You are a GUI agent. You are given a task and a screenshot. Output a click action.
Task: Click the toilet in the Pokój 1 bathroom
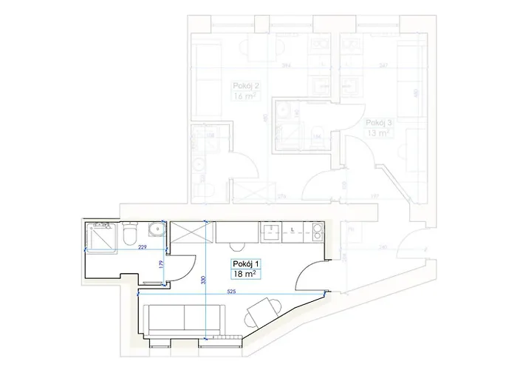(x=129, y=235)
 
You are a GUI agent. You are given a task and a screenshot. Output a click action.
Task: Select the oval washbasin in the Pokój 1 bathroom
(x=156, y=228)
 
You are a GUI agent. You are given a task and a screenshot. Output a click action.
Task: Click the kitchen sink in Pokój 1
(x=271, y=233)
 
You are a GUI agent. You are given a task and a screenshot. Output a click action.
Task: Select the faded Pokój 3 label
(x=378, y=123)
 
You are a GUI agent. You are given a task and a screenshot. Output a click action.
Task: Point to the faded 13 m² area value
(x=378, y=133)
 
